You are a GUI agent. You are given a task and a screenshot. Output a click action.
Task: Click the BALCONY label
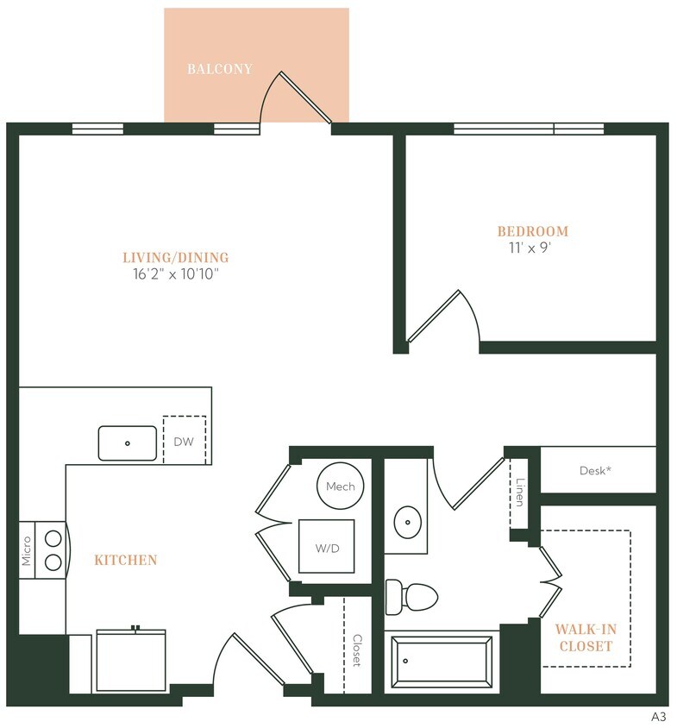tap(220, 69)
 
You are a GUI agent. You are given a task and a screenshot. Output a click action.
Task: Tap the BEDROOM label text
tap(532, 231)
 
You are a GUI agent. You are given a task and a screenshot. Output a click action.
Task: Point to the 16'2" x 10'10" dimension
tap(175, 275)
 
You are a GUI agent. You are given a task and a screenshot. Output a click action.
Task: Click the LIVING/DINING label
tap(175, 257)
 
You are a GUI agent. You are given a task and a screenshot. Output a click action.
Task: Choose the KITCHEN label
tap(126, 561)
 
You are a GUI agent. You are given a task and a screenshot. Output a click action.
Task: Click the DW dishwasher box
tap(184, 442)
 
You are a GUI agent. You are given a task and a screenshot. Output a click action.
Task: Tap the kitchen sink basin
tap(127, 442)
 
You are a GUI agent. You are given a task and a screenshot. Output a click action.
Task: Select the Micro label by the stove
tap(27, 550)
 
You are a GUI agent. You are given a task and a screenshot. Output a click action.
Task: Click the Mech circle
tap(341, 486)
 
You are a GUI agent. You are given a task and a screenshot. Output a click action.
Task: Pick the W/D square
tap(326, 546)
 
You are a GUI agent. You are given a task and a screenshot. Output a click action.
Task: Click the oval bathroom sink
tap(406, 522)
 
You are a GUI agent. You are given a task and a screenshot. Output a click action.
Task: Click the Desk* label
tap(595, 471)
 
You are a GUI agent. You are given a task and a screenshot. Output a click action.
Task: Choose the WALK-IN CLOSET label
tap(584, 637)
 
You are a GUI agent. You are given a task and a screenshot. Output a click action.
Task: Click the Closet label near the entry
tap(356, 651)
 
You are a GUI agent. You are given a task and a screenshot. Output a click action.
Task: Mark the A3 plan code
tap(659, 716)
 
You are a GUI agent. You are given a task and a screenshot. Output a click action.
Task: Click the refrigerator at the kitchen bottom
tap(129, 661)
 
